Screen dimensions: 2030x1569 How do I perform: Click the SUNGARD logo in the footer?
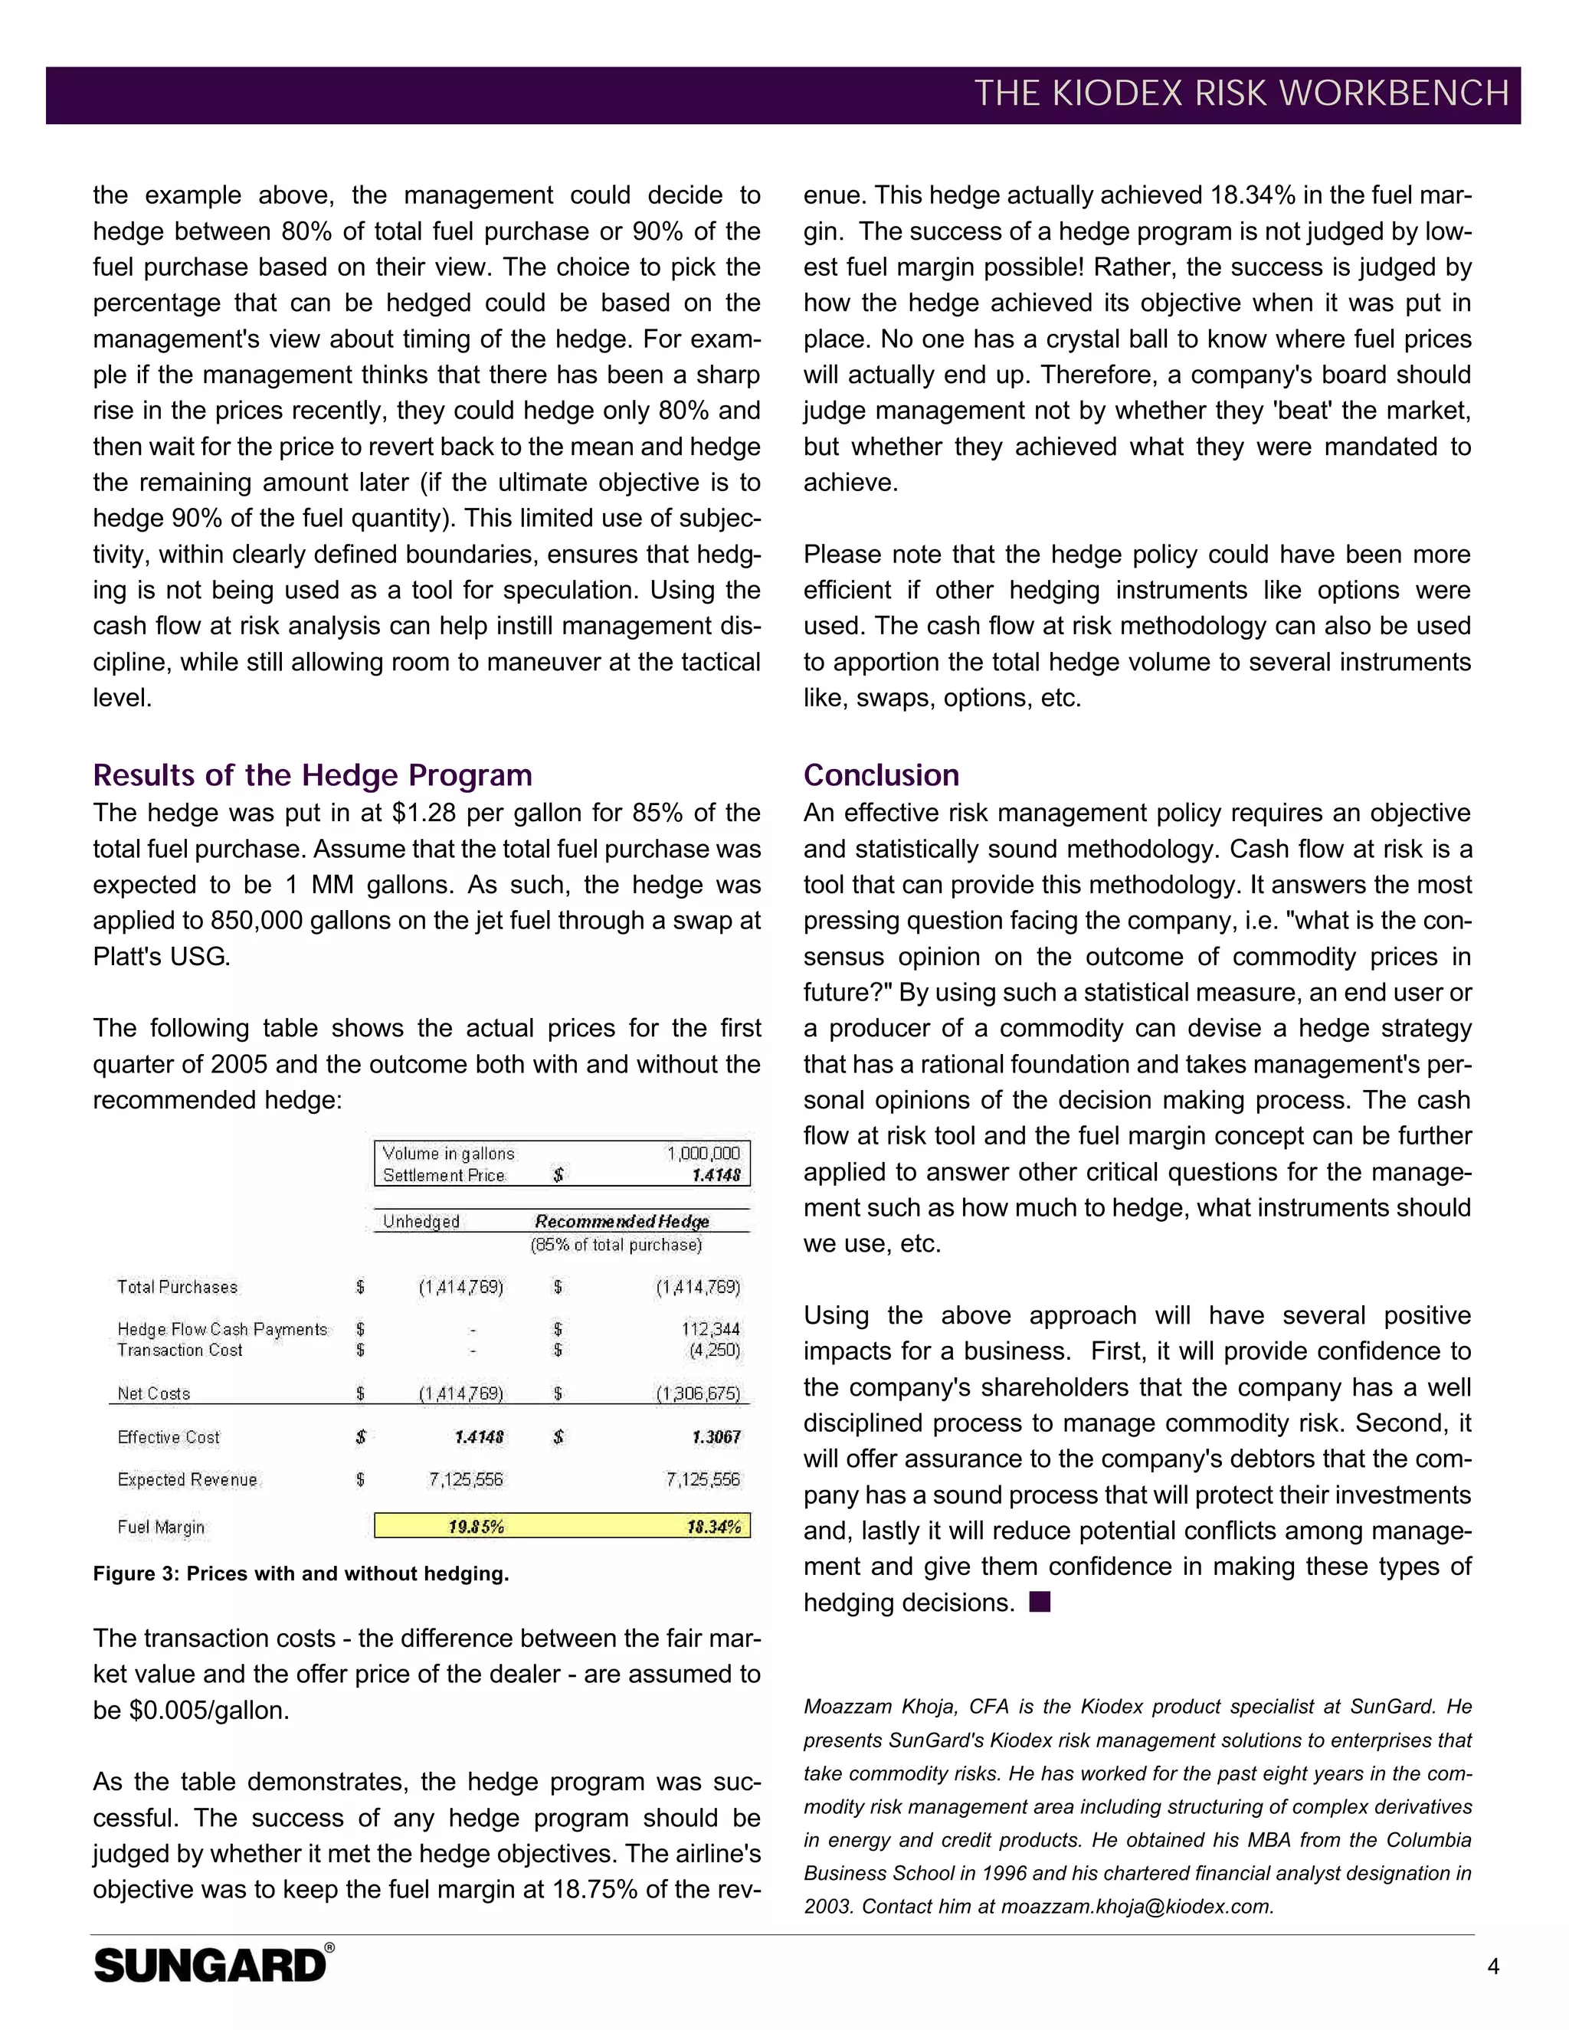212,1966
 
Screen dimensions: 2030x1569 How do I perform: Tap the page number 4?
1493,1966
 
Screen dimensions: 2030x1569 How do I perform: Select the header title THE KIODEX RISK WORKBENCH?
1241,94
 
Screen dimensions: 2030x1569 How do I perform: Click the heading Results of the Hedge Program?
313,774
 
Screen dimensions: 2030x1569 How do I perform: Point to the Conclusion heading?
880,774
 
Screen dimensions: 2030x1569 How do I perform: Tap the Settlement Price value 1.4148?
716,1175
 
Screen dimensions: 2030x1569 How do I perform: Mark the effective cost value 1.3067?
716,1437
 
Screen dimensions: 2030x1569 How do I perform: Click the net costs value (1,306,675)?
698,1393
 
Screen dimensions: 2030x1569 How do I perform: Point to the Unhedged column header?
421,1221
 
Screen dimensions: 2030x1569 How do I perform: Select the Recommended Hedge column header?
622,1221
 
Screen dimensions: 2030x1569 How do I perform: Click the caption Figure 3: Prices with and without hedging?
300,1573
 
